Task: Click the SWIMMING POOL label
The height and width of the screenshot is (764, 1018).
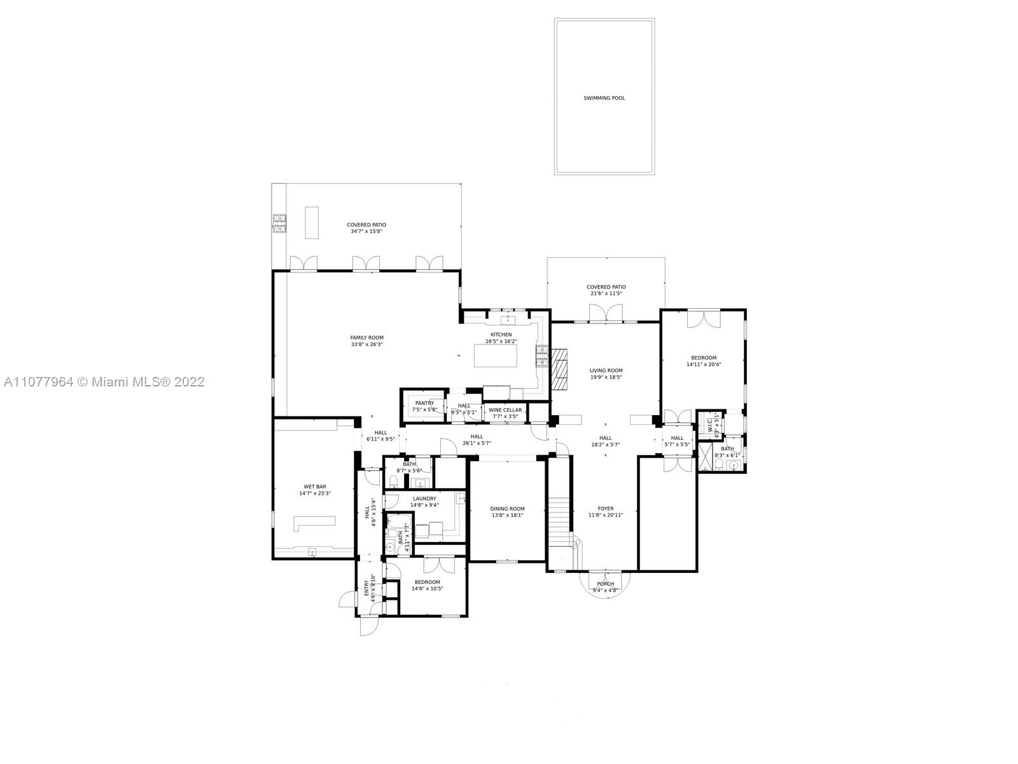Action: pyautogui.click(x=604, y=98)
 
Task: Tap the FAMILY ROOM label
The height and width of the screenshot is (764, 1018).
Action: pyautogui.click(x=367, y=338)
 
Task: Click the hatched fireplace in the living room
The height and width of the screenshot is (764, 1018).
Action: pyautogui.click(x=560, y=369)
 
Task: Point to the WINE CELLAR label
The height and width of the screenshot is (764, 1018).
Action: pyautogui.click(x=505, y=410)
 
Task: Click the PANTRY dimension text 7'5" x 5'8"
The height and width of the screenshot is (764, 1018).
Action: pyautogui.click(x=424, y=409)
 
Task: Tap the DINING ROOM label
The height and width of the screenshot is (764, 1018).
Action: pyautogui.click(x=508, y=509)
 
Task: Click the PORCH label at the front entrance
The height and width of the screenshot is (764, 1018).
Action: pyautogui.click(x=605, y=584)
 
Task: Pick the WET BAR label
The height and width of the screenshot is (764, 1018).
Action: pyautogui.click(x=315, y=486)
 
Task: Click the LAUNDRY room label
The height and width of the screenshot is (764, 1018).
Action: pyautogui.click(x=424, y=499)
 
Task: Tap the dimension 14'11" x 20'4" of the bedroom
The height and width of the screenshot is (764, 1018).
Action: pyautogui.click(x=704, y=365)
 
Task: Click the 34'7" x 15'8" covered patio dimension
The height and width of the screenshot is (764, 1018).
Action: pyautogui.click(x=366, y=232)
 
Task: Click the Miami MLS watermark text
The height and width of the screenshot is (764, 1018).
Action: pyautogui.click(x=104, y=382)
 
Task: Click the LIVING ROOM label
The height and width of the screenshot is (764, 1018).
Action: pyautogui.click(x=606, y=371)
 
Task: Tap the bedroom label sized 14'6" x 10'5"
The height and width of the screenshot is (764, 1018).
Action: pyautogui.click(x=427, y=582)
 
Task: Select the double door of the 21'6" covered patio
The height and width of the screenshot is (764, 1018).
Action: pyautogui.click(x=605, y=313)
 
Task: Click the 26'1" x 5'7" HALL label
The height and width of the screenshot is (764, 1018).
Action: pyautogui.click(x=477, y=437)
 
